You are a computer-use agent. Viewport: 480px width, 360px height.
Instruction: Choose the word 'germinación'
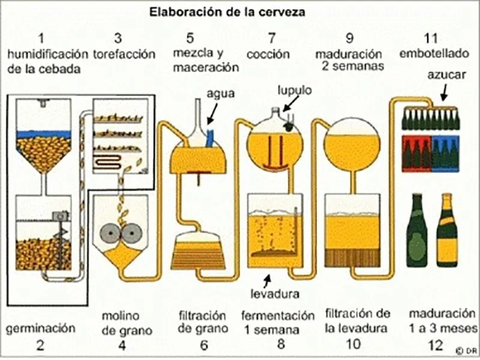(x=41, y=328)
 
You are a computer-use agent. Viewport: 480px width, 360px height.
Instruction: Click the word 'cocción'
(x=268, y=54)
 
